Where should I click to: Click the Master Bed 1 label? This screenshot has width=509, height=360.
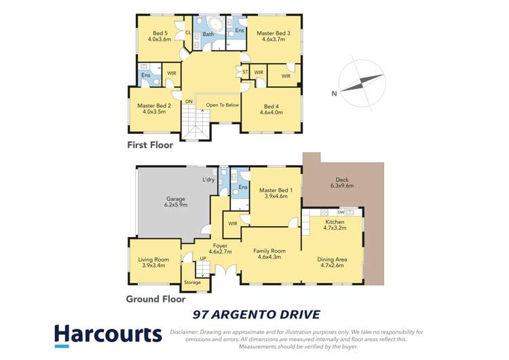point(274,193)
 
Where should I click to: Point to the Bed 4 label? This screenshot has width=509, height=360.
point(270,109)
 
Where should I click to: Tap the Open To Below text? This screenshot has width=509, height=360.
point(222,105)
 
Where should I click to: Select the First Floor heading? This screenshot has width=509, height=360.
point(150,145)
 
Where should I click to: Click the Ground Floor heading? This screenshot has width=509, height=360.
point(155,299)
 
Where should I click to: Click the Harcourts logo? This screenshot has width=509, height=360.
point(109,335)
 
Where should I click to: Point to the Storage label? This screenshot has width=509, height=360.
point(192,282)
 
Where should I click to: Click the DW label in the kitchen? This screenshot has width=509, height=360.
point(341,212)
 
